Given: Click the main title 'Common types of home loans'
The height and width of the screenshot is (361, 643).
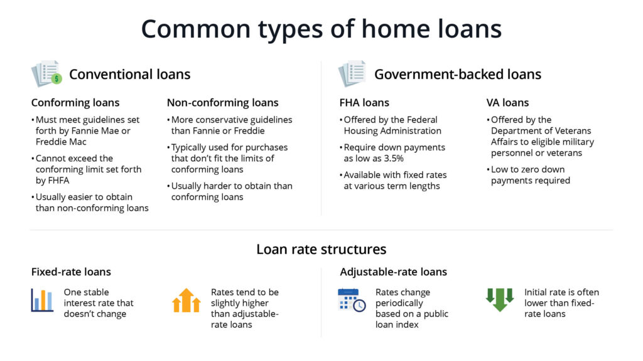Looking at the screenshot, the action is (x=321, y=29).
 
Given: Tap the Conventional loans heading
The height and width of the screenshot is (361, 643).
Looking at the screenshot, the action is (x=129, y=74).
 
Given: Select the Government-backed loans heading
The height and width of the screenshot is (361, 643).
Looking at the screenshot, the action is (x=458, y=74).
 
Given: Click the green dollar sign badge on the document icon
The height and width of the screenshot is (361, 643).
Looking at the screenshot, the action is (x=57, y=78).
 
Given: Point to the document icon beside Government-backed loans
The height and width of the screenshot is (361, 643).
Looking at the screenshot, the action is (x=352, y=74).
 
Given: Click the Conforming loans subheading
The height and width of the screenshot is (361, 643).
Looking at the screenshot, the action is (x=75, y=102).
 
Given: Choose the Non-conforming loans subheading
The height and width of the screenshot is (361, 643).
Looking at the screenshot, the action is (x=223, y=102).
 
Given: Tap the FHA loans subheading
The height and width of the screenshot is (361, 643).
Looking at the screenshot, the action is (x=364, y=102).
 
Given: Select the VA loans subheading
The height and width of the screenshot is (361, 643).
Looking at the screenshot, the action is (x=507, y=102).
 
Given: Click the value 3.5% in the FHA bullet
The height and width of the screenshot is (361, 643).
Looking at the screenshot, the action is (x=394, y=159).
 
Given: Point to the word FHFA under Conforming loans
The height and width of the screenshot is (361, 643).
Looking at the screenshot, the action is (x=57, y=180).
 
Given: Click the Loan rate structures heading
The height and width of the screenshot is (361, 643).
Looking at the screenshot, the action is (x=321, y=249).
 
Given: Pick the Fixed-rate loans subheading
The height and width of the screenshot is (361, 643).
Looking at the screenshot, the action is (x=71, y=272).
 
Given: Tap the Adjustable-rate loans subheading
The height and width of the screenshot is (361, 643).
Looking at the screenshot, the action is (x=393, y=272).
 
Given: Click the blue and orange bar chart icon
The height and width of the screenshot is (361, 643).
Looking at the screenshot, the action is (x=42, y=300).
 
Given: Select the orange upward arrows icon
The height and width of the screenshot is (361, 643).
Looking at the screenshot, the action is (x=186, y=300).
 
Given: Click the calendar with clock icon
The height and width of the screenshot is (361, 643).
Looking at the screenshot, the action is (x=352, y=300).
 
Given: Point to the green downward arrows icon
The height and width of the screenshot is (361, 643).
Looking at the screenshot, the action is (x=499, y=300).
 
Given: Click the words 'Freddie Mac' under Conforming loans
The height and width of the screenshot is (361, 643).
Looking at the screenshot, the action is (x=61, y=142).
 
